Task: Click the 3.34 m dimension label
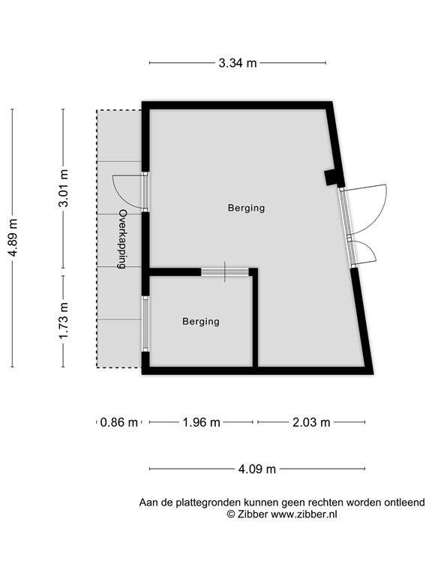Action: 238,63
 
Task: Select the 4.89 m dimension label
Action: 13,238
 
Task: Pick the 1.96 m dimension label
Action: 202,422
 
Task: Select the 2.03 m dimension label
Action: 311,422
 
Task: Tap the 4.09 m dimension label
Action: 257,469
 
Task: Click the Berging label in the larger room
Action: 246,208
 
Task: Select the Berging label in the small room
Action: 201,321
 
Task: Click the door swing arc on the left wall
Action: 124,191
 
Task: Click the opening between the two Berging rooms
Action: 226,272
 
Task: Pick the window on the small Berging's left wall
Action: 145,323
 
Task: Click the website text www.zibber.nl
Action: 304,514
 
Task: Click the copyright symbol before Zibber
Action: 232,514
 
